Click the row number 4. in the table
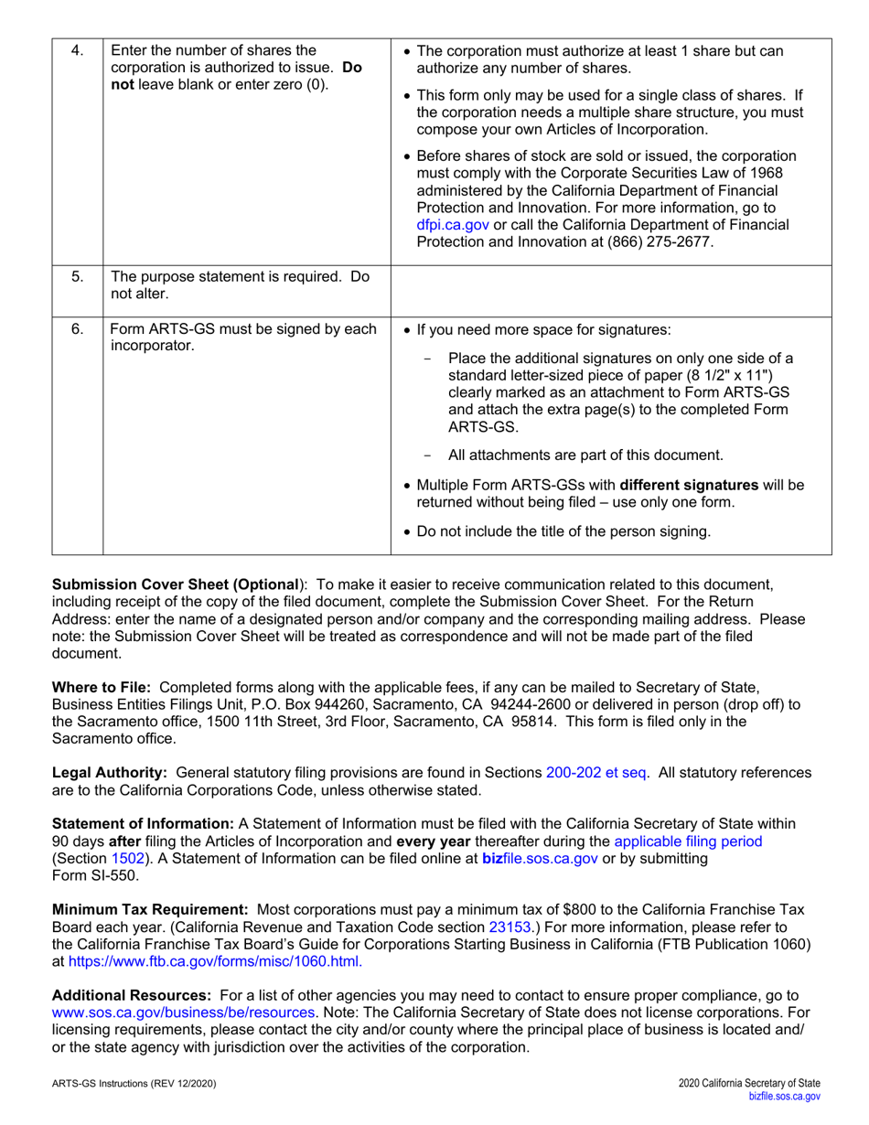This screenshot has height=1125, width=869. [77, 51]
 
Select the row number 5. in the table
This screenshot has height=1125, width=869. [77, 276]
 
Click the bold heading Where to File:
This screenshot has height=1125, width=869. [103, 686]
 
